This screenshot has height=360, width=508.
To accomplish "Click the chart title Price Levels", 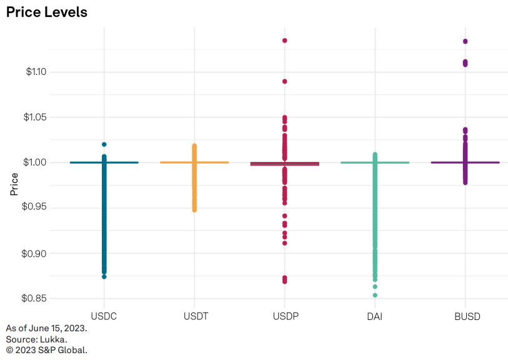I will [x=47, y=12].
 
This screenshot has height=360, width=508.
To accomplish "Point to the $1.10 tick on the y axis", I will [x=36, y=72].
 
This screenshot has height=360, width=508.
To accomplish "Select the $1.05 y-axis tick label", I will [x=36, y=117].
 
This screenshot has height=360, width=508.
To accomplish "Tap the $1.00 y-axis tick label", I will [x=36, y=162].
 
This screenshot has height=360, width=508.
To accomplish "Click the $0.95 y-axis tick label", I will [x=36, y=208].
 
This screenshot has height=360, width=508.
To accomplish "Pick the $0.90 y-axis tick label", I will [x=36, y=253].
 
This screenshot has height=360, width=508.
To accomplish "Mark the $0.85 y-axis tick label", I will [x=36, y=299].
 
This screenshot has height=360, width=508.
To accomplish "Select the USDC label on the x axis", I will [x=104, y=316].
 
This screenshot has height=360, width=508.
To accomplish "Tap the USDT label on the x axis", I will [x=194, y=316].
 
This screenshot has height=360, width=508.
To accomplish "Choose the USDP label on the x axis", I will [x=285, y=316].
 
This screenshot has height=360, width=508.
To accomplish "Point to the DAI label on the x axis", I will [x=375, y=316].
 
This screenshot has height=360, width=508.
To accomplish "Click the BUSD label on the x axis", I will [x=466, y=316].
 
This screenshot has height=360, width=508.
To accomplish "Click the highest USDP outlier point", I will [x=285, y=41].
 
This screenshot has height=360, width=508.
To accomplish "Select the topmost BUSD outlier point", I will [x=466, y=41].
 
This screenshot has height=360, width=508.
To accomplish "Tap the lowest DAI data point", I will [x=375, y=295].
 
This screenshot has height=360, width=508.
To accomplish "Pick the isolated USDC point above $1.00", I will [x=104, y=144].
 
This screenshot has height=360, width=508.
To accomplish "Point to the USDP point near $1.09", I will [x=285, y=81].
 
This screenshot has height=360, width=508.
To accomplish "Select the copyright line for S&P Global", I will [x=47, y=350].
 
